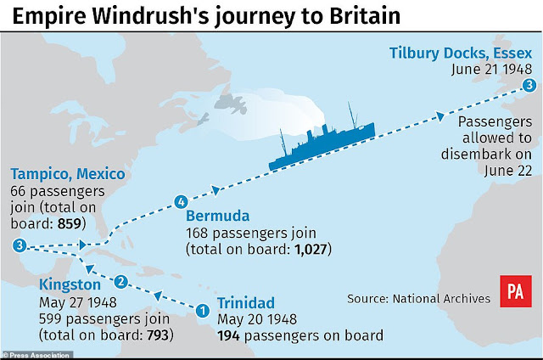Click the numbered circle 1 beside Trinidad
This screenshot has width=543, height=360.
click(x=202, y=311)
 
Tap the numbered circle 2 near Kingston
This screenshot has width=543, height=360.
click(x=121, y=281)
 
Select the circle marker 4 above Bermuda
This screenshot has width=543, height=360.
click(x=179, y=202)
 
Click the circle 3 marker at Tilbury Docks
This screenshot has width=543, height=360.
click(x=529, y=85)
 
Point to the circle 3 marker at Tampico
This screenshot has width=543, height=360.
click(x=20, y=245)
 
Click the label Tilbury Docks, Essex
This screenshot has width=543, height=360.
click(x=462, y=53)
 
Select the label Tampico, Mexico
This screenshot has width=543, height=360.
click(x=68, y=174)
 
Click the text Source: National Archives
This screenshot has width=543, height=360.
click(x=418, y=298)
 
